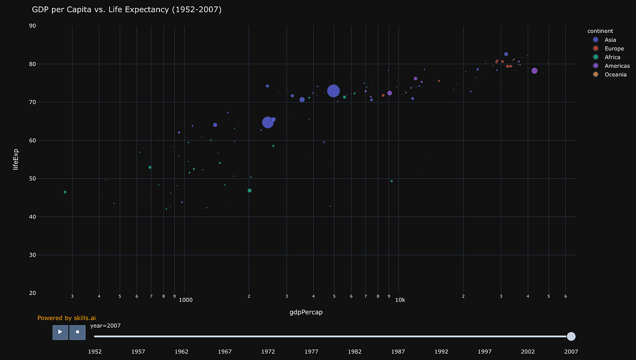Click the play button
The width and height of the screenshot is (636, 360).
pos(60,332)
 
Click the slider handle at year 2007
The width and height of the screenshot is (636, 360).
pos(571,336)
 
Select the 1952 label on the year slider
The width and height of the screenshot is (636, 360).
pos(95,351)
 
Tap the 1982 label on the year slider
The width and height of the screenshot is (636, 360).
pos(355,351)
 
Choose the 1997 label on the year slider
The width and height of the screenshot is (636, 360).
pos(484,351)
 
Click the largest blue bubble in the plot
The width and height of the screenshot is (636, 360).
pos(333,91)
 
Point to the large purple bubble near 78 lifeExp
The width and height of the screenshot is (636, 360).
pos(534,71)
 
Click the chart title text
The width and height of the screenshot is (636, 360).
pos(127,10)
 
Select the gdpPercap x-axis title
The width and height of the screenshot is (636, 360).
pos(306,312)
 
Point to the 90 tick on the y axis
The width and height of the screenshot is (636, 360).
pos(32,25)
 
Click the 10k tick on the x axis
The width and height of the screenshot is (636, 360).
pos(400,300)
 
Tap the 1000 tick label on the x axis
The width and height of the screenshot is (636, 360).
pos(185,300)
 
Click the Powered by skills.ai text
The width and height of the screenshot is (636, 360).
pos(66,318)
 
